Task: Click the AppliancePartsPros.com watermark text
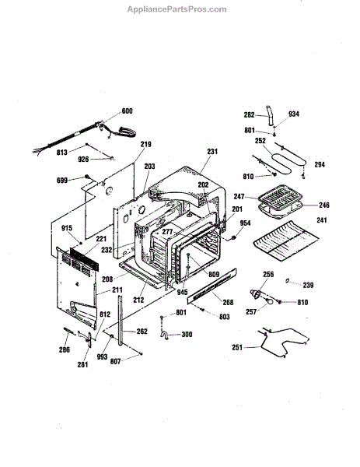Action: click(x=177, y=9)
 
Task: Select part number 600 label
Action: click(x=127, y=111)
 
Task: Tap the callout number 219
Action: click(x=145, y=144)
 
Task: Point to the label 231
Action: click(x=212, y=152)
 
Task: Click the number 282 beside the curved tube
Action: click(x=249, y=114)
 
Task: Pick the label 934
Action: click(x=294, y=114)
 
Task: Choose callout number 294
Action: click(x=320, y=165)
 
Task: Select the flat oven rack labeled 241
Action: click(x=286, y=241)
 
